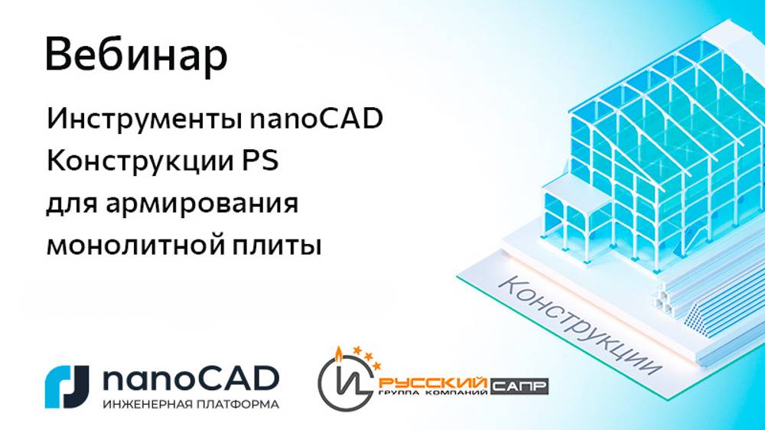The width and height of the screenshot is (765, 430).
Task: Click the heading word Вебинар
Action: click(x=136, y=55)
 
